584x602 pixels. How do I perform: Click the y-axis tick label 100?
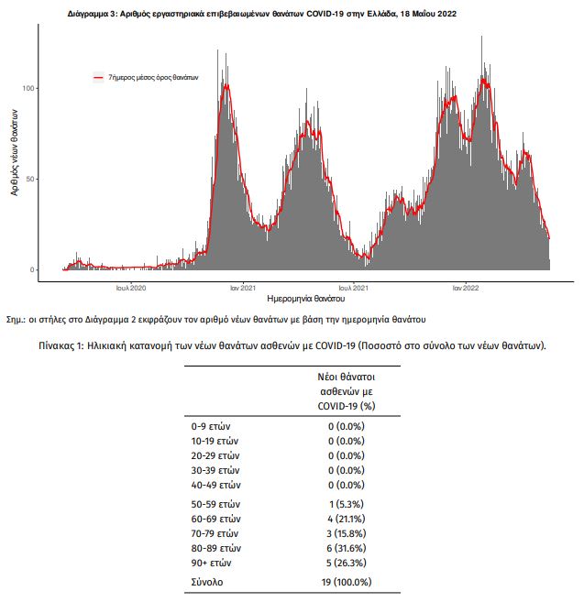pos(28,88)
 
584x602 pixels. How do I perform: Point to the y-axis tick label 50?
pos(30,180)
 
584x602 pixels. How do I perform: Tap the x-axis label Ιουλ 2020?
pos(131,288)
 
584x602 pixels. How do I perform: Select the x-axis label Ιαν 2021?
pos(243,288)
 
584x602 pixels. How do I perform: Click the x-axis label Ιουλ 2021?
pos(354,288)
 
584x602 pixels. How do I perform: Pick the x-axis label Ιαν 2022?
pos(466,288)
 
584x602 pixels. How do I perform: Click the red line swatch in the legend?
pos(99,78)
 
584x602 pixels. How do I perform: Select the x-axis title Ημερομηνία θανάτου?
pos(306,299)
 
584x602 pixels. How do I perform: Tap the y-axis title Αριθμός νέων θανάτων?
pos(15,153)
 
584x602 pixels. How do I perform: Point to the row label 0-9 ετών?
pos(211,426)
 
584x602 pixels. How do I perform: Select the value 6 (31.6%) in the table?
pos(347,548)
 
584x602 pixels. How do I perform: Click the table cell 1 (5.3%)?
pos(347,504)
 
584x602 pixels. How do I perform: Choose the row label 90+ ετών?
pos(211,563)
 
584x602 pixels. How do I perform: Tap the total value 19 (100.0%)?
pos(347,582)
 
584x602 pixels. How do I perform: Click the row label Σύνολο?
pos(207,582)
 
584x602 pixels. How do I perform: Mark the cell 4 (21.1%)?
pos(347,519)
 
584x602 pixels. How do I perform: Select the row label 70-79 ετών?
pos(215,533)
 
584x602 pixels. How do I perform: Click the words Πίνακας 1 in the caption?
pos(61,346)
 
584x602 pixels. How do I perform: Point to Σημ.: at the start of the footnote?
pos(16,320)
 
